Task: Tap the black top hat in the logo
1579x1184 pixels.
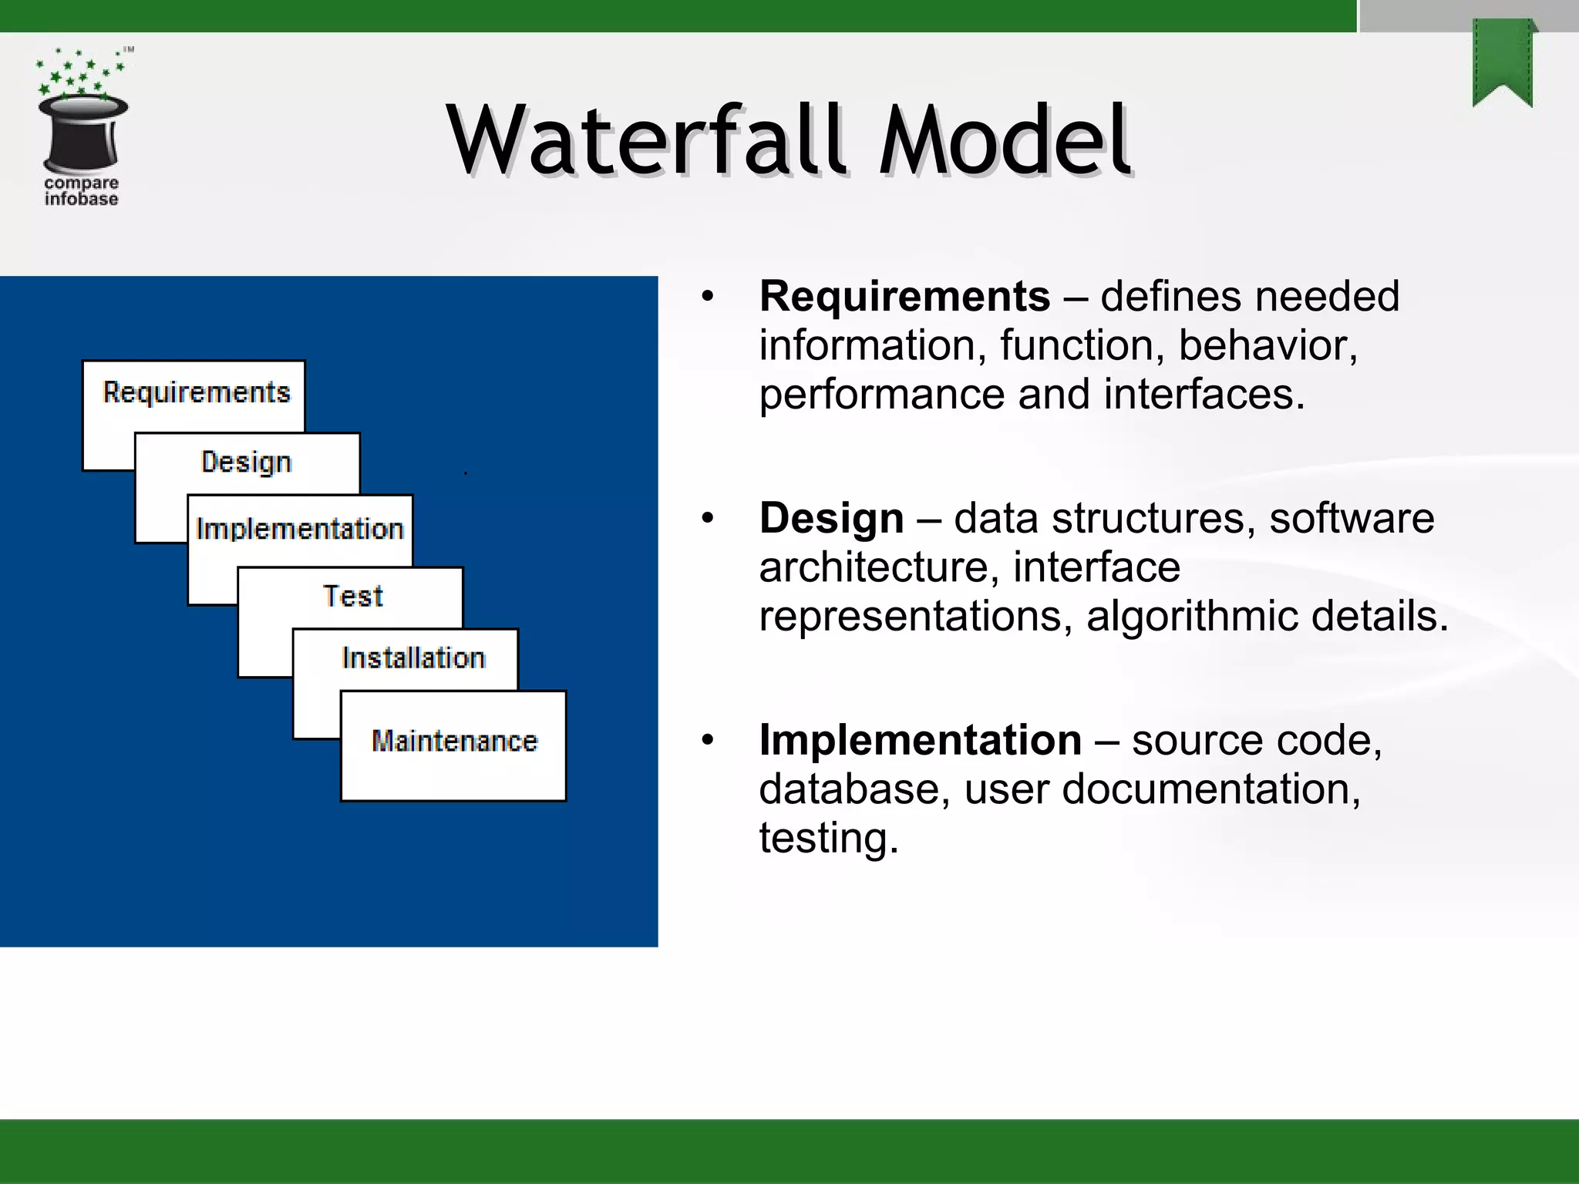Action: coord(82,133)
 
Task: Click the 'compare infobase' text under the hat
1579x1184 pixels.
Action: coord(81,191)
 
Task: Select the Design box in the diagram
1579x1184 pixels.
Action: coord(247,462)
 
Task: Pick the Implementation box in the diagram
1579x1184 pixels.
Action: coord(300,530)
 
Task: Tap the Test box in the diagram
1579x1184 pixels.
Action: coord(352,596)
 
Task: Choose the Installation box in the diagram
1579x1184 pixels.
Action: coord(413,658)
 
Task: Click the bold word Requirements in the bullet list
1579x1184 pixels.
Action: coord(904,297)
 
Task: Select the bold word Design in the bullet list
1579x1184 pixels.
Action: coord(831,518)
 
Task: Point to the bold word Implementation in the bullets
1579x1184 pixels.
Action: coord(921,740)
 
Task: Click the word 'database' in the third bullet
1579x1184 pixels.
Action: coord(854,789)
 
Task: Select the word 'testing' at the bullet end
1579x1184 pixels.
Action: coord(828,839)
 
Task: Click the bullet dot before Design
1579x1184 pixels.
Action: coord(708,518)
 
